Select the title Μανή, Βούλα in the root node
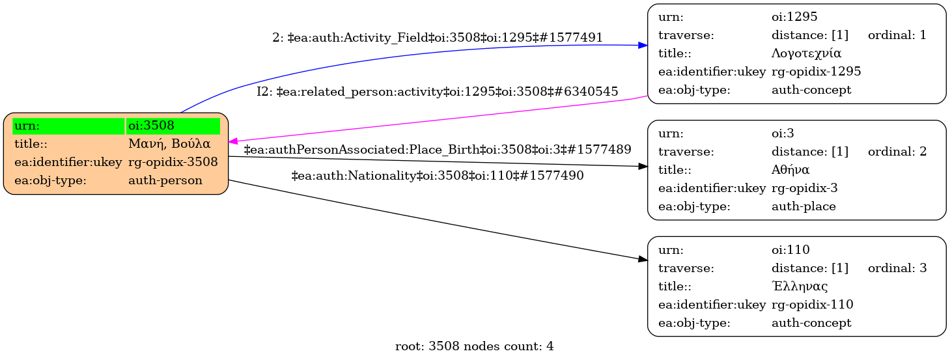[169, 144]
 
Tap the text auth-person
[165, 180]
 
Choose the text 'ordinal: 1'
[897, 35]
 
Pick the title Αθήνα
[790, 170]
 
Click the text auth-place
[803, 206]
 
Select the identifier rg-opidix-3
[804, 188]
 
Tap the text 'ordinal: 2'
[897, 152]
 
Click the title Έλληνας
[800, 286]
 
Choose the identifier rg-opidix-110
[812, 304]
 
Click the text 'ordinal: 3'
[897, 268]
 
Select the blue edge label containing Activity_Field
[437, 38]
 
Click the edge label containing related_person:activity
[437, 92]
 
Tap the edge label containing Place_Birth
[437, 150]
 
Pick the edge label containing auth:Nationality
[437, 175]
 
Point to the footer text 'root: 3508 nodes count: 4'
[474, 346]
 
